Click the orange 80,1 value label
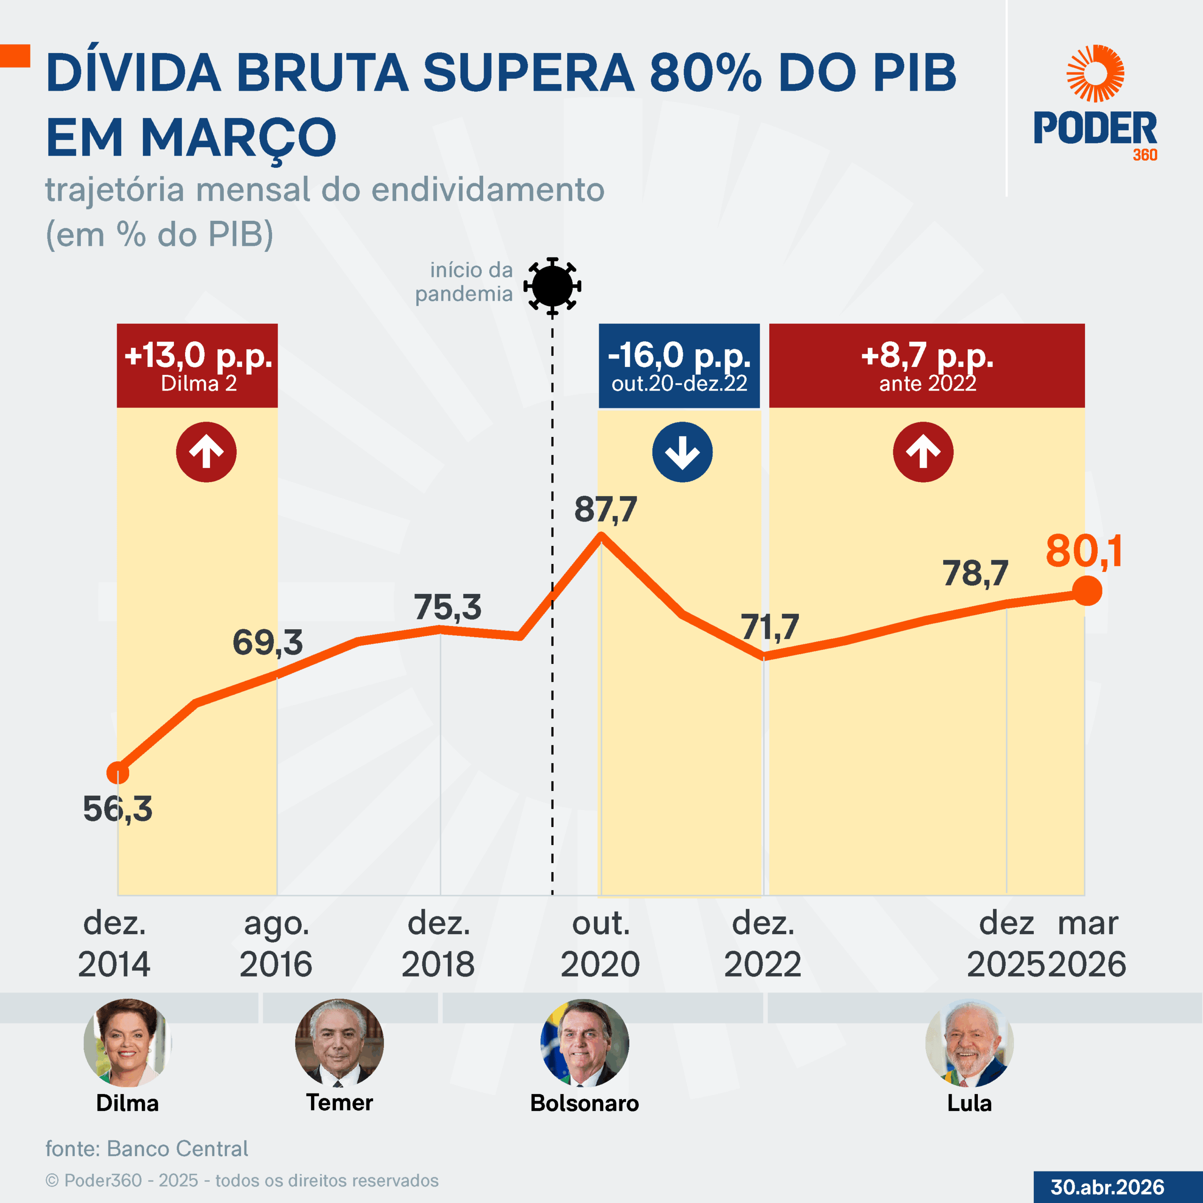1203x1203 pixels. [1084, 552]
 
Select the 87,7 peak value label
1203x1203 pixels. [605, 509]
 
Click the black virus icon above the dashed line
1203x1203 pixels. [552, 286]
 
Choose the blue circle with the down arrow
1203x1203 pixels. [682, 452]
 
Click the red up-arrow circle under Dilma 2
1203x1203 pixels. [206, 452]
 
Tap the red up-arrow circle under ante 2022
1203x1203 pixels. [923, 452]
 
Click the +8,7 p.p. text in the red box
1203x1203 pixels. [927, 356]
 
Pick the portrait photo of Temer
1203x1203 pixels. [339, 1043]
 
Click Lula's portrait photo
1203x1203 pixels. [969, 1043]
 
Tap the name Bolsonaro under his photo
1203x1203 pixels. [584, 1103]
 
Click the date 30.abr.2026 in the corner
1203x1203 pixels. [1107, 1187]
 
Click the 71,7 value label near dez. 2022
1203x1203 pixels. [770, 627]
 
